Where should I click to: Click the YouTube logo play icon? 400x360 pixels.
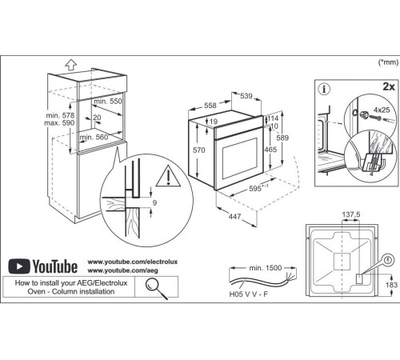pyautogui.click(x=21, y=266)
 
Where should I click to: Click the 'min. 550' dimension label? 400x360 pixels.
pyautogui.click(x=109, y=103)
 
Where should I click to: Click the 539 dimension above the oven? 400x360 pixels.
pyautogui.click(x=248, y=97)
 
